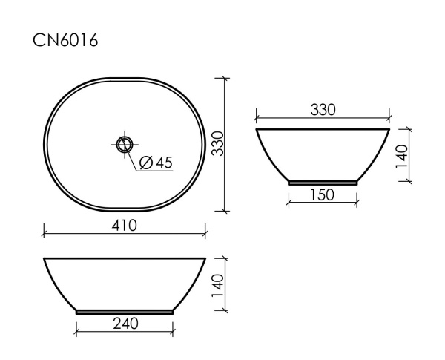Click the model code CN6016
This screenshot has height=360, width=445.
[x=65, y=41]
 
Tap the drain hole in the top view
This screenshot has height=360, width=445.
[x=125, y=143]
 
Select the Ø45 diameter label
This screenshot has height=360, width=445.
[x=156, y=163]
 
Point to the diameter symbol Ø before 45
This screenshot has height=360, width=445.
[x=145, y=163]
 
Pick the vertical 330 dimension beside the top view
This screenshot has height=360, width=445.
[x=217, y=143]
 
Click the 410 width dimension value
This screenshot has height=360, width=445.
[x=125, y=225]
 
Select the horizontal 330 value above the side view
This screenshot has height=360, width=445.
[x=323, y=109]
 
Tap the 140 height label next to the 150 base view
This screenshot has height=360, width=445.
[x=400, y=157]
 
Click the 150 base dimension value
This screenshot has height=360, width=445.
[x=323, y=194]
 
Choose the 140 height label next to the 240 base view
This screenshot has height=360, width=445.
[x=217, y=285]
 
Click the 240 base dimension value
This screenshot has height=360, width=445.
[x=125, y=324]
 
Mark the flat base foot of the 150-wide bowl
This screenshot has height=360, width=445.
[x=323, y=182]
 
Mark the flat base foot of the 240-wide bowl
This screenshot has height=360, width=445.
[x=125, y=312]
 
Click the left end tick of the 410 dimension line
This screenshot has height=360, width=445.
[x=44, y=234]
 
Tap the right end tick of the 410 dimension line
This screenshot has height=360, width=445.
[x=205, y=234]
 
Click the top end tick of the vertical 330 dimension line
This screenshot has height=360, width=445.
[x=225, y=77]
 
